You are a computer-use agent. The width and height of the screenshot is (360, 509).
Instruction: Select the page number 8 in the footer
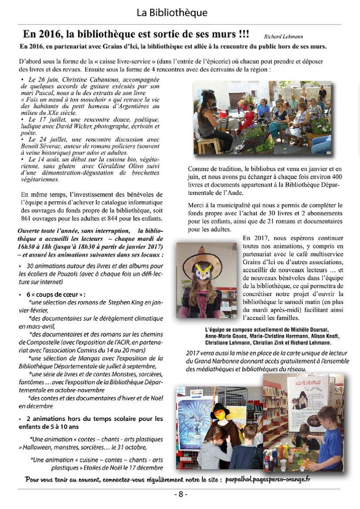coord(180,494)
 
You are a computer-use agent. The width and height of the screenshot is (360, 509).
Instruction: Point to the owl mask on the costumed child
coord(203,272)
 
